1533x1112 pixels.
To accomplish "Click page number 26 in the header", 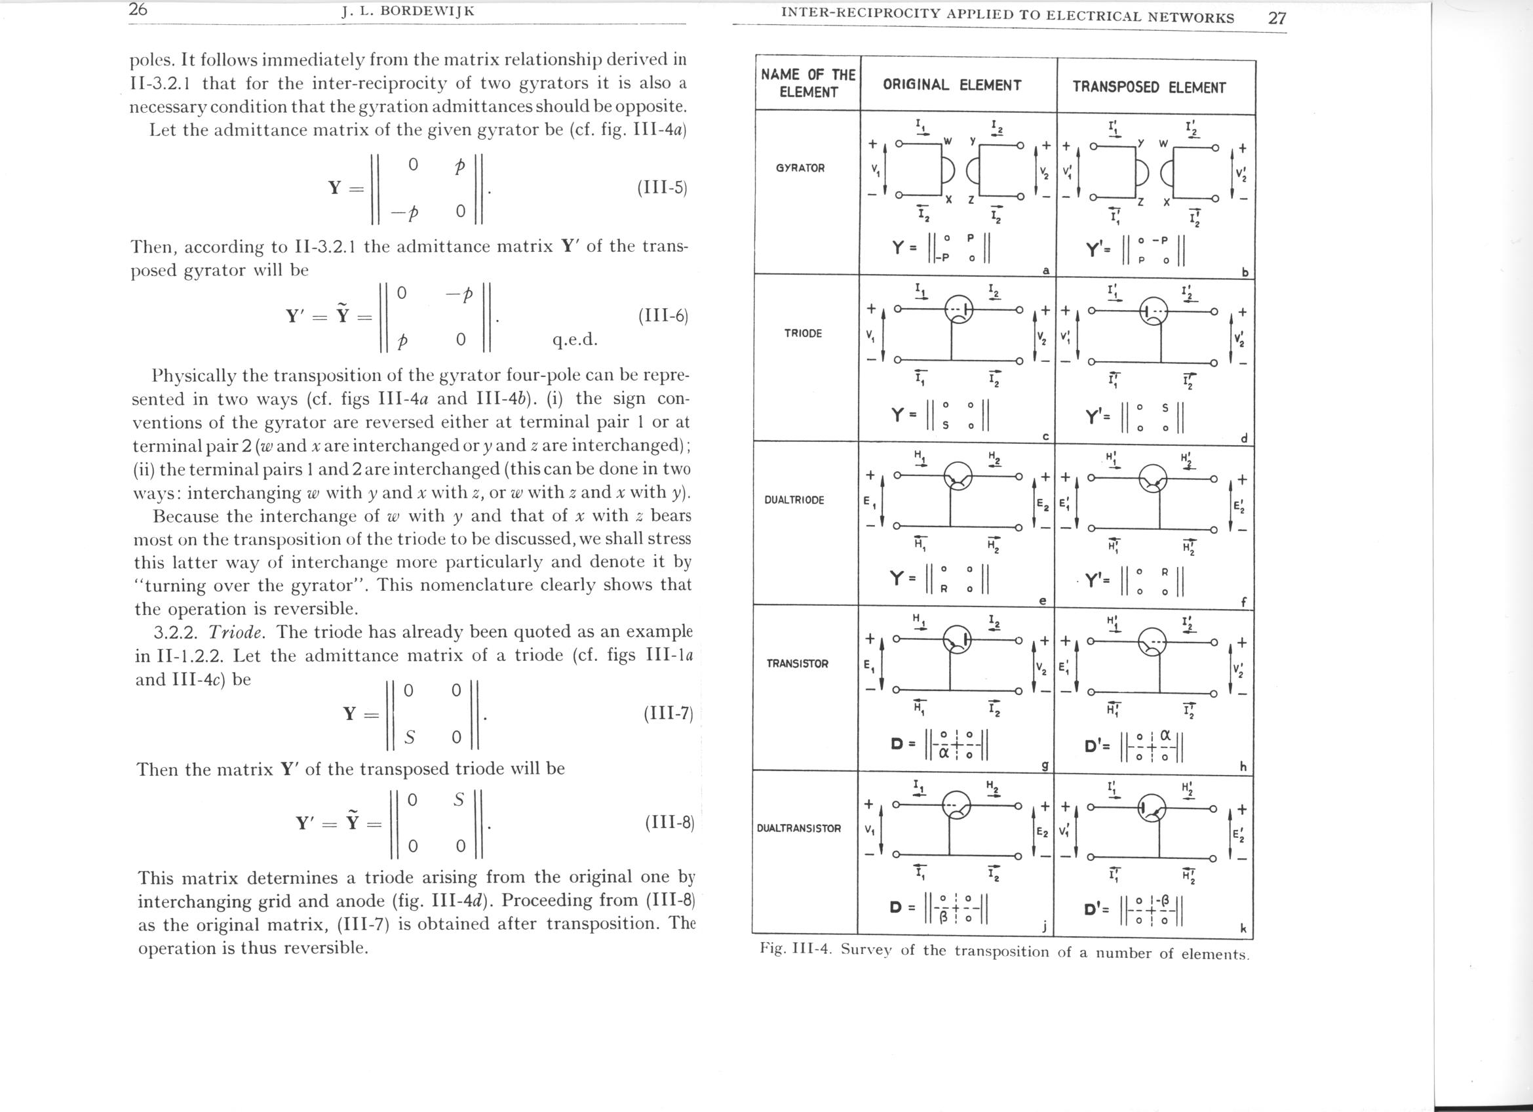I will (138, 10).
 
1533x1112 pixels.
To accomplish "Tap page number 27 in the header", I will (1277, 18).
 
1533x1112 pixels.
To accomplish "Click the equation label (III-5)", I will (662, 188).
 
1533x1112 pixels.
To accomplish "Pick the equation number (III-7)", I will (669, 714).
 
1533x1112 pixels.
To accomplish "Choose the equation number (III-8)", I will (670, 823).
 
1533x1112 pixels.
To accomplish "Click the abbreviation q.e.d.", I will (575, 339).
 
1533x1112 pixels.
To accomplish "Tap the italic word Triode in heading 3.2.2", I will (236, 632).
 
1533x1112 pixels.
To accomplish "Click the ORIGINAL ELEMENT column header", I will (952, 85).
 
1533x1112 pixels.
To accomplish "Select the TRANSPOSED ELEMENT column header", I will (1148, 87).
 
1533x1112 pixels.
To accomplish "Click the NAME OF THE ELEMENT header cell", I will (807, 83).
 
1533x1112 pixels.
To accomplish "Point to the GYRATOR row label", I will (800, 169).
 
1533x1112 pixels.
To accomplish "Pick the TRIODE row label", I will (803, 333).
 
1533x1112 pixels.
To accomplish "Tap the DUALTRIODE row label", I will (794, 500).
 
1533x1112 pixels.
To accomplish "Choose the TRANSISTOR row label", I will (797, 664).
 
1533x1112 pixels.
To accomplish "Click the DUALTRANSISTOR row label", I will (799, 828).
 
